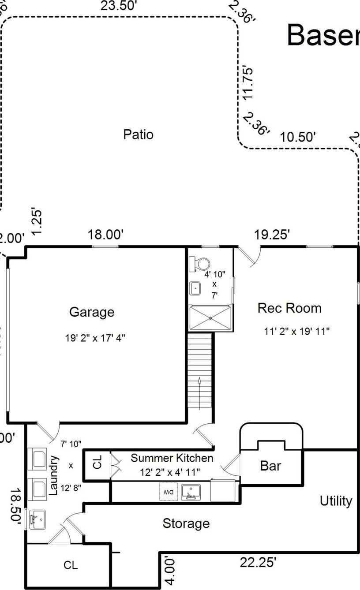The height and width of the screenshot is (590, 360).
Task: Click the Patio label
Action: (x=138, y=134)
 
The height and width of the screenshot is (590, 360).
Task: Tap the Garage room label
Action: (x=92, y=312)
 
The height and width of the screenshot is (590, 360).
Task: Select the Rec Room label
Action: (x=289, y=308)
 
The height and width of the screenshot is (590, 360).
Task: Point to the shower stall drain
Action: (x=211, y=318)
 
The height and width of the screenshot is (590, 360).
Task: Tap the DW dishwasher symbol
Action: (x=169, y=492)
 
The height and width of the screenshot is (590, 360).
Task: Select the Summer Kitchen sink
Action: (x=191, y=492)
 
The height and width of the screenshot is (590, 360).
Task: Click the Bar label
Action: (x=270, y=466)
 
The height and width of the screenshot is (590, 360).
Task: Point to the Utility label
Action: (x=336, y=501)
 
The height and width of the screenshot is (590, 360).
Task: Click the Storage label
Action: (x=186, y=523)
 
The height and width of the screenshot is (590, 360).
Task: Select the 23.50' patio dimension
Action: (x=116, y=6)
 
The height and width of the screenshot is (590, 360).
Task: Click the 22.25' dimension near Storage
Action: (x=258, y=562)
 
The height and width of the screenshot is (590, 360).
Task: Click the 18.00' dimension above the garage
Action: (x=105, y=235)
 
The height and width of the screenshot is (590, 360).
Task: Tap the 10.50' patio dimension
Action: (x=298, y=137)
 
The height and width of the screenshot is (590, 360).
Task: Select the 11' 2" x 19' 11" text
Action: (x=297, y=331)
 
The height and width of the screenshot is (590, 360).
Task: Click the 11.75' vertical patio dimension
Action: (x=249, y=83)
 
